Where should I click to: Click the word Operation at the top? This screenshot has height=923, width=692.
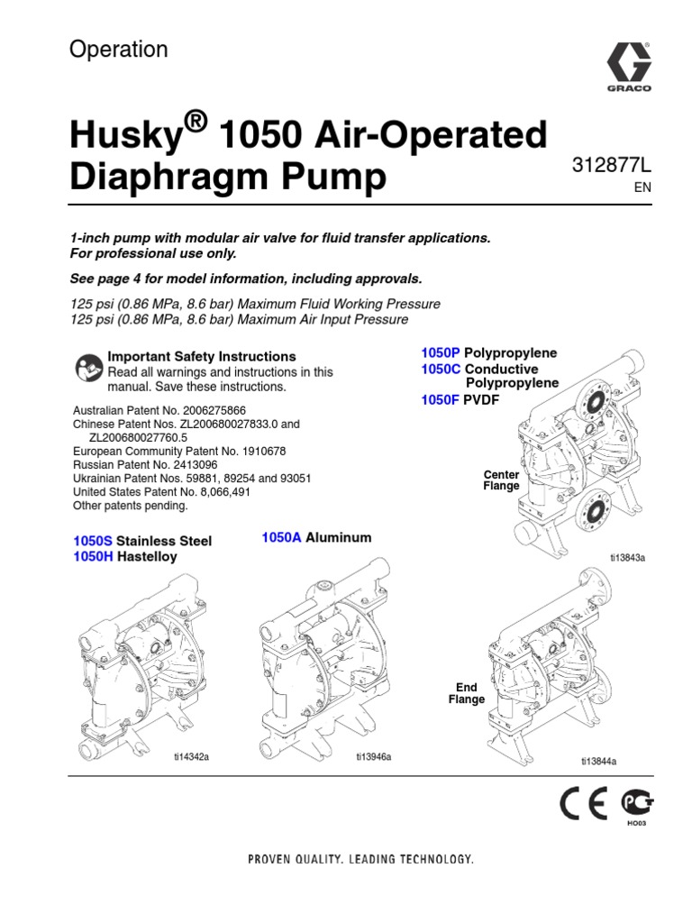tap(119, 50)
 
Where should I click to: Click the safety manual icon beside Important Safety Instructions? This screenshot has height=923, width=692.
tap(86, 368)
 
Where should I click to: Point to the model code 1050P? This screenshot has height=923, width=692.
tap(440, 353)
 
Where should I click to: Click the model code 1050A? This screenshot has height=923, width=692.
tap(281, 537)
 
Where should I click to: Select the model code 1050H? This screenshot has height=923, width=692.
tap(93, 556)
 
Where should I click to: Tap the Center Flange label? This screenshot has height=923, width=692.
tap(502, 480)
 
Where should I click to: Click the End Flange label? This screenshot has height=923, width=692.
tap(467, 693)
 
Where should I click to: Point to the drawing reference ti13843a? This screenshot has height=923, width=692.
tap(627, 558)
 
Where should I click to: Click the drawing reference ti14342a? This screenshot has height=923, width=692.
tap(192, 757)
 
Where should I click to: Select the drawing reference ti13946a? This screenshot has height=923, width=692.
tap(374, 757)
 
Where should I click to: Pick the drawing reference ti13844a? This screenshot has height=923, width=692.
tap(599, 762)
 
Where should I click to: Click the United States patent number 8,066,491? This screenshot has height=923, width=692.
tap(218, 492)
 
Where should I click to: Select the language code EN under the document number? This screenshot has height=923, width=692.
tap(642, 187)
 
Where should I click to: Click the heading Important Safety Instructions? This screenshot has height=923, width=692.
tap(202, 356)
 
